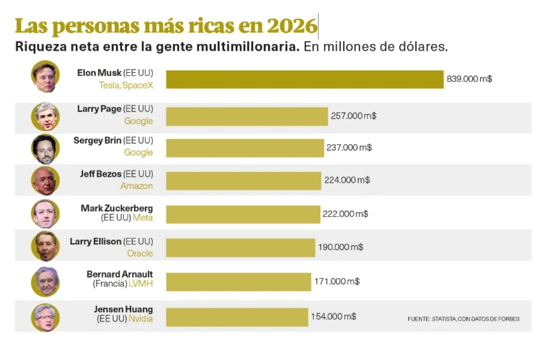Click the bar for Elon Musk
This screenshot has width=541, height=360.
point(305,79)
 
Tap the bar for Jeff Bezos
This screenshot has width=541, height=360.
point(243,181)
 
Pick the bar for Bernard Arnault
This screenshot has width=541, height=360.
point(238,281)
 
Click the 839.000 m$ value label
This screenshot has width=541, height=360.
point(469,79)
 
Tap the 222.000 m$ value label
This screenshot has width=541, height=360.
point(345,214)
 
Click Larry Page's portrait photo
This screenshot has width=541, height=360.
point(45,116)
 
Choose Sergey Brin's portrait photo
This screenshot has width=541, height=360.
point(45,149)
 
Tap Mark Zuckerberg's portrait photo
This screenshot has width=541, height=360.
point(45,214)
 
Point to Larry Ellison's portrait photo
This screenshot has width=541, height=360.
point(45,247)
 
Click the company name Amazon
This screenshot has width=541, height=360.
point(137,186)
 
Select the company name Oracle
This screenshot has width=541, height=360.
point(140,253)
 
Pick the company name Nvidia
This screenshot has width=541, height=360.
point(141,319)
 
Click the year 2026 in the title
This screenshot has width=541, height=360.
point(292,26)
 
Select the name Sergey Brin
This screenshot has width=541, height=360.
point(97,140)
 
